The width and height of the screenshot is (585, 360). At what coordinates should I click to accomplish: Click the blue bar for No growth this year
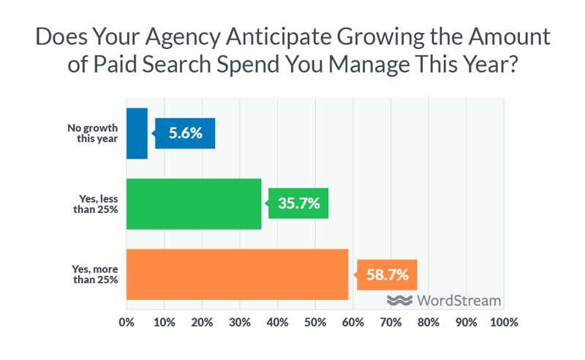coord(137,133)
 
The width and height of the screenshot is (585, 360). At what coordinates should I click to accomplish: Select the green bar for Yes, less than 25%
coord(194,203)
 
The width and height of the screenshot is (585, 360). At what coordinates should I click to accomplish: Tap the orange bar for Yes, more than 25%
coord(238,274)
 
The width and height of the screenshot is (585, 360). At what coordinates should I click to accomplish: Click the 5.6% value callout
coord(186,133)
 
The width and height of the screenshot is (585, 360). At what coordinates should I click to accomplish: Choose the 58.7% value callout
coord(388,275)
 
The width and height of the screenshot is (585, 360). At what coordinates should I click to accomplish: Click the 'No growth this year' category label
coord(93,133)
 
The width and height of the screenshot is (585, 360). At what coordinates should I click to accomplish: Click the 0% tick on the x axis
coord(127,322)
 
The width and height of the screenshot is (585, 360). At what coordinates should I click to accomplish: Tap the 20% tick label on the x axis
coord(202,322)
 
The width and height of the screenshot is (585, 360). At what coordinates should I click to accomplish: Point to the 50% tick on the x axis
coord(315,322)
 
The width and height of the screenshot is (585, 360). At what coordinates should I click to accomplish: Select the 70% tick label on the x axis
coord(390,322)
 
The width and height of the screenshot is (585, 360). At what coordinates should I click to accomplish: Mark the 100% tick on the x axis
coord(503,322)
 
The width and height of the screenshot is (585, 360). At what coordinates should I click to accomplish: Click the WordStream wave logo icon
coord(400,301)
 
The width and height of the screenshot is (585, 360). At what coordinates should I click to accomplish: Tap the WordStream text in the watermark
coord(459,301)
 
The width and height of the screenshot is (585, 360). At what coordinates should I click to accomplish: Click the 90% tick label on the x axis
coord(466,322)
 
